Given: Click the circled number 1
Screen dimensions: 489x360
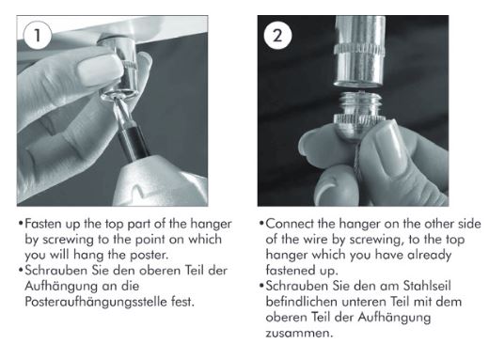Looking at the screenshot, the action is [38, 35].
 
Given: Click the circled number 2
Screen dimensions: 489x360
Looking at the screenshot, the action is [277, 35].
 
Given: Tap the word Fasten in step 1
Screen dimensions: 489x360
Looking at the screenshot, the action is [43, 224].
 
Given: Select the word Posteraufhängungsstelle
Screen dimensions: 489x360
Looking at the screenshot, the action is [96, 302].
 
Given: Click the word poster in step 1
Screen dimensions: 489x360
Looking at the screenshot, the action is [150, 255].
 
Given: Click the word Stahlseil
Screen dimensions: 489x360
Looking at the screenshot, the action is [427, 286].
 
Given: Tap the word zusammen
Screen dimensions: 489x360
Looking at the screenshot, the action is [298, 334].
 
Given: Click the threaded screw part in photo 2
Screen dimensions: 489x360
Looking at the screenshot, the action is [359, 103].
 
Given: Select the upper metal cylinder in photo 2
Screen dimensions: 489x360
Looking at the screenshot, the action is [359, 51].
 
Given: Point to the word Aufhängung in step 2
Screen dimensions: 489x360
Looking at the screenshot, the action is [394, 318].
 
